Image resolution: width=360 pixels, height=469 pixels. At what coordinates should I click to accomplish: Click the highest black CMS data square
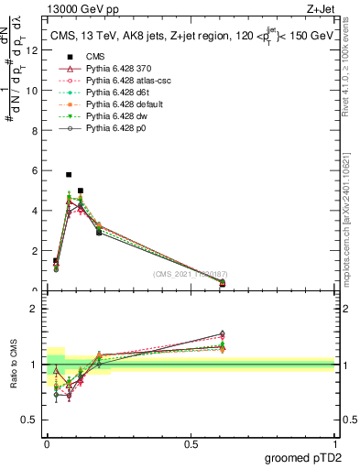point(69,174)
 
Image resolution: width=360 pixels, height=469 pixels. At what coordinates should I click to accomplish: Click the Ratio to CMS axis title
point(14,366)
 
